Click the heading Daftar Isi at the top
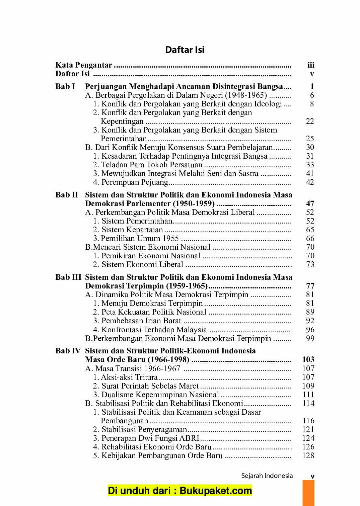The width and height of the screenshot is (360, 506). point(185,50)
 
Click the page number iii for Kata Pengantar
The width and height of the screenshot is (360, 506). point(310,65)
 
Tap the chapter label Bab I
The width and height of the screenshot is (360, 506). point(65,86)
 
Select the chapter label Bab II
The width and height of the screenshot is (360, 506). point(67,195)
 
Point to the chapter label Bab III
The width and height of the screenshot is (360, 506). point(68,277)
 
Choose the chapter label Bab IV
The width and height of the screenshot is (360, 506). point(68,351)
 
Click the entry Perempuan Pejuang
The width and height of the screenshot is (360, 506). point(134,182)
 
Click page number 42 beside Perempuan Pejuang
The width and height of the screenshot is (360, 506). point(310,182)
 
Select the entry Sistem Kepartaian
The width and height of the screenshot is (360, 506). point(132,230)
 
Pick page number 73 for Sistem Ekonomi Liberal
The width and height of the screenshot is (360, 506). point(310,264)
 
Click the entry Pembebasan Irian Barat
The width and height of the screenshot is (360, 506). point(141,321)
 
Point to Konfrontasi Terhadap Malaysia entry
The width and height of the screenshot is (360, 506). point(154,330)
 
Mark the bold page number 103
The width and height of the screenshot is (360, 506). point(308,359)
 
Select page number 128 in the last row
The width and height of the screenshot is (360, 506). point(308,455)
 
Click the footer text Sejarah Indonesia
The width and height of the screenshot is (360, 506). point(267,476)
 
